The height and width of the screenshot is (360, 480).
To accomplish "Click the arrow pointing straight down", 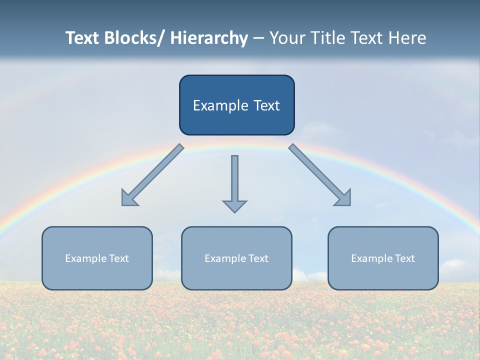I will pos(234,182).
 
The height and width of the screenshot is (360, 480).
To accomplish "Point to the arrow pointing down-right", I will pos(320,175).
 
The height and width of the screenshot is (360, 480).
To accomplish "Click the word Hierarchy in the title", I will pos(209,38).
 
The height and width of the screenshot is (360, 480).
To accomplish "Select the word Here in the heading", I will pos(408,38).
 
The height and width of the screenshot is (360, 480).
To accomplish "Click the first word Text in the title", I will pos(83,38).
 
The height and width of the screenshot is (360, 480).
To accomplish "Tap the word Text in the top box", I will pos(265,105).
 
